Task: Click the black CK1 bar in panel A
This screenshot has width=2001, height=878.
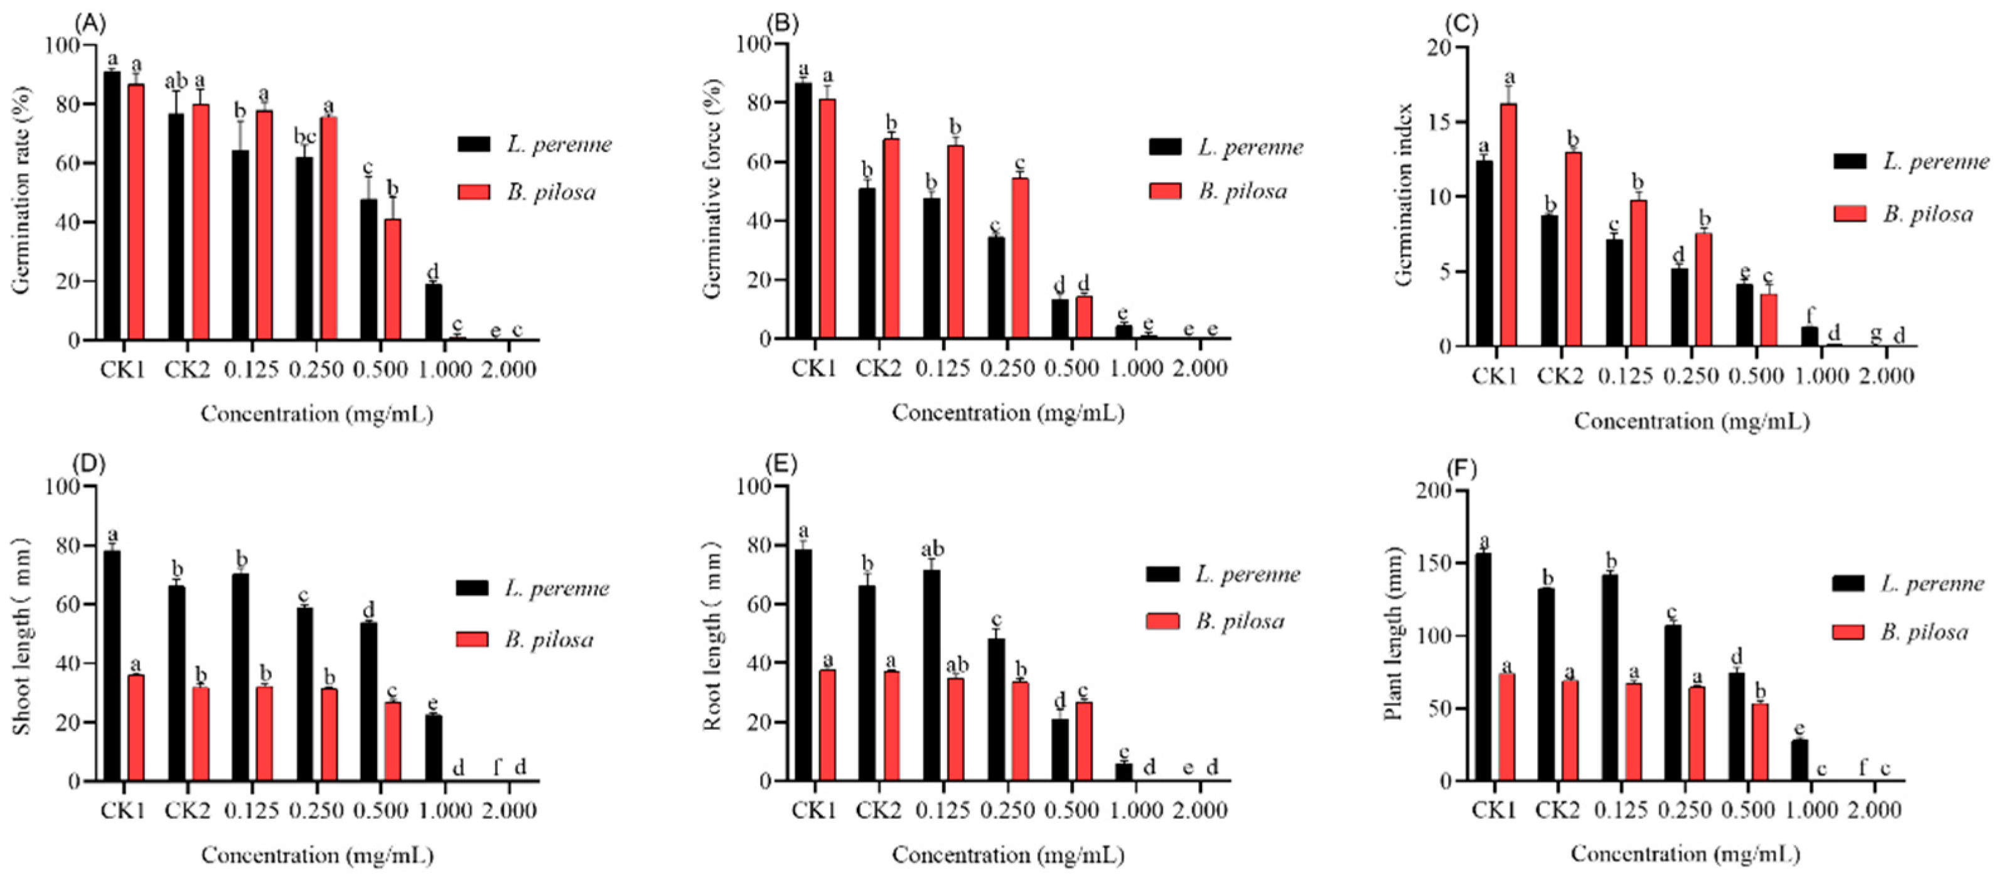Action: (x=112, y=206)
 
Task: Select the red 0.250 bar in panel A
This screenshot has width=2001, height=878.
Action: (x=328, y=228)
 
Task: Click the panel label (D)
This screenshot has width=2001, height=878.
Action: (x=89, y=464)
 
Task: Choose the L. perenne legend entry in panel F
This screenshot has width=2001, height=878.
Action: (x=1907, y=584)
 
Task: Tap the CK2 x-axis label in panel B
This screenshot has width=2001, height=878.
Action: (x=879, y=368)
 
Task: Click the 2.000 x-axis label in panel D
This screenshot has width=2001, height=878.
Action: (x=507, y=810)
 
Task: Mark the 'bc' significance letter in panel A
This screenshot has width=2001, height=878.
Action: (x=304, y=136)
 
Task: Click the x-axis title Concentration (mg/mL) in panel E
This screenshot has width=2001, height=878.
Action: (x=1007, y=855)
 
